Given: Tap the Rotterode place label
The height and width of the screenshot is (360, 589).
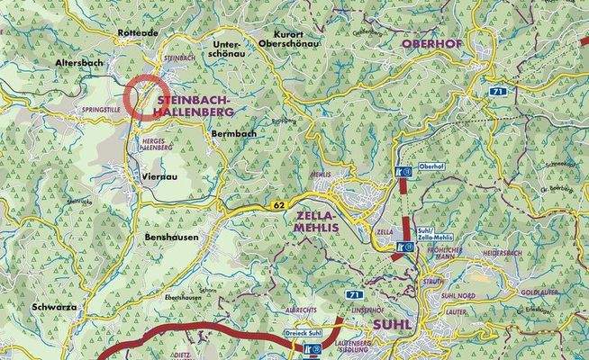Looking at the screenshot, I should coord(137,32).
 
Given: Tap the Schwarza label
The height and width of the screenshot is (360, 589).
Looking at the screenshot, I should coord(50,306).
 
